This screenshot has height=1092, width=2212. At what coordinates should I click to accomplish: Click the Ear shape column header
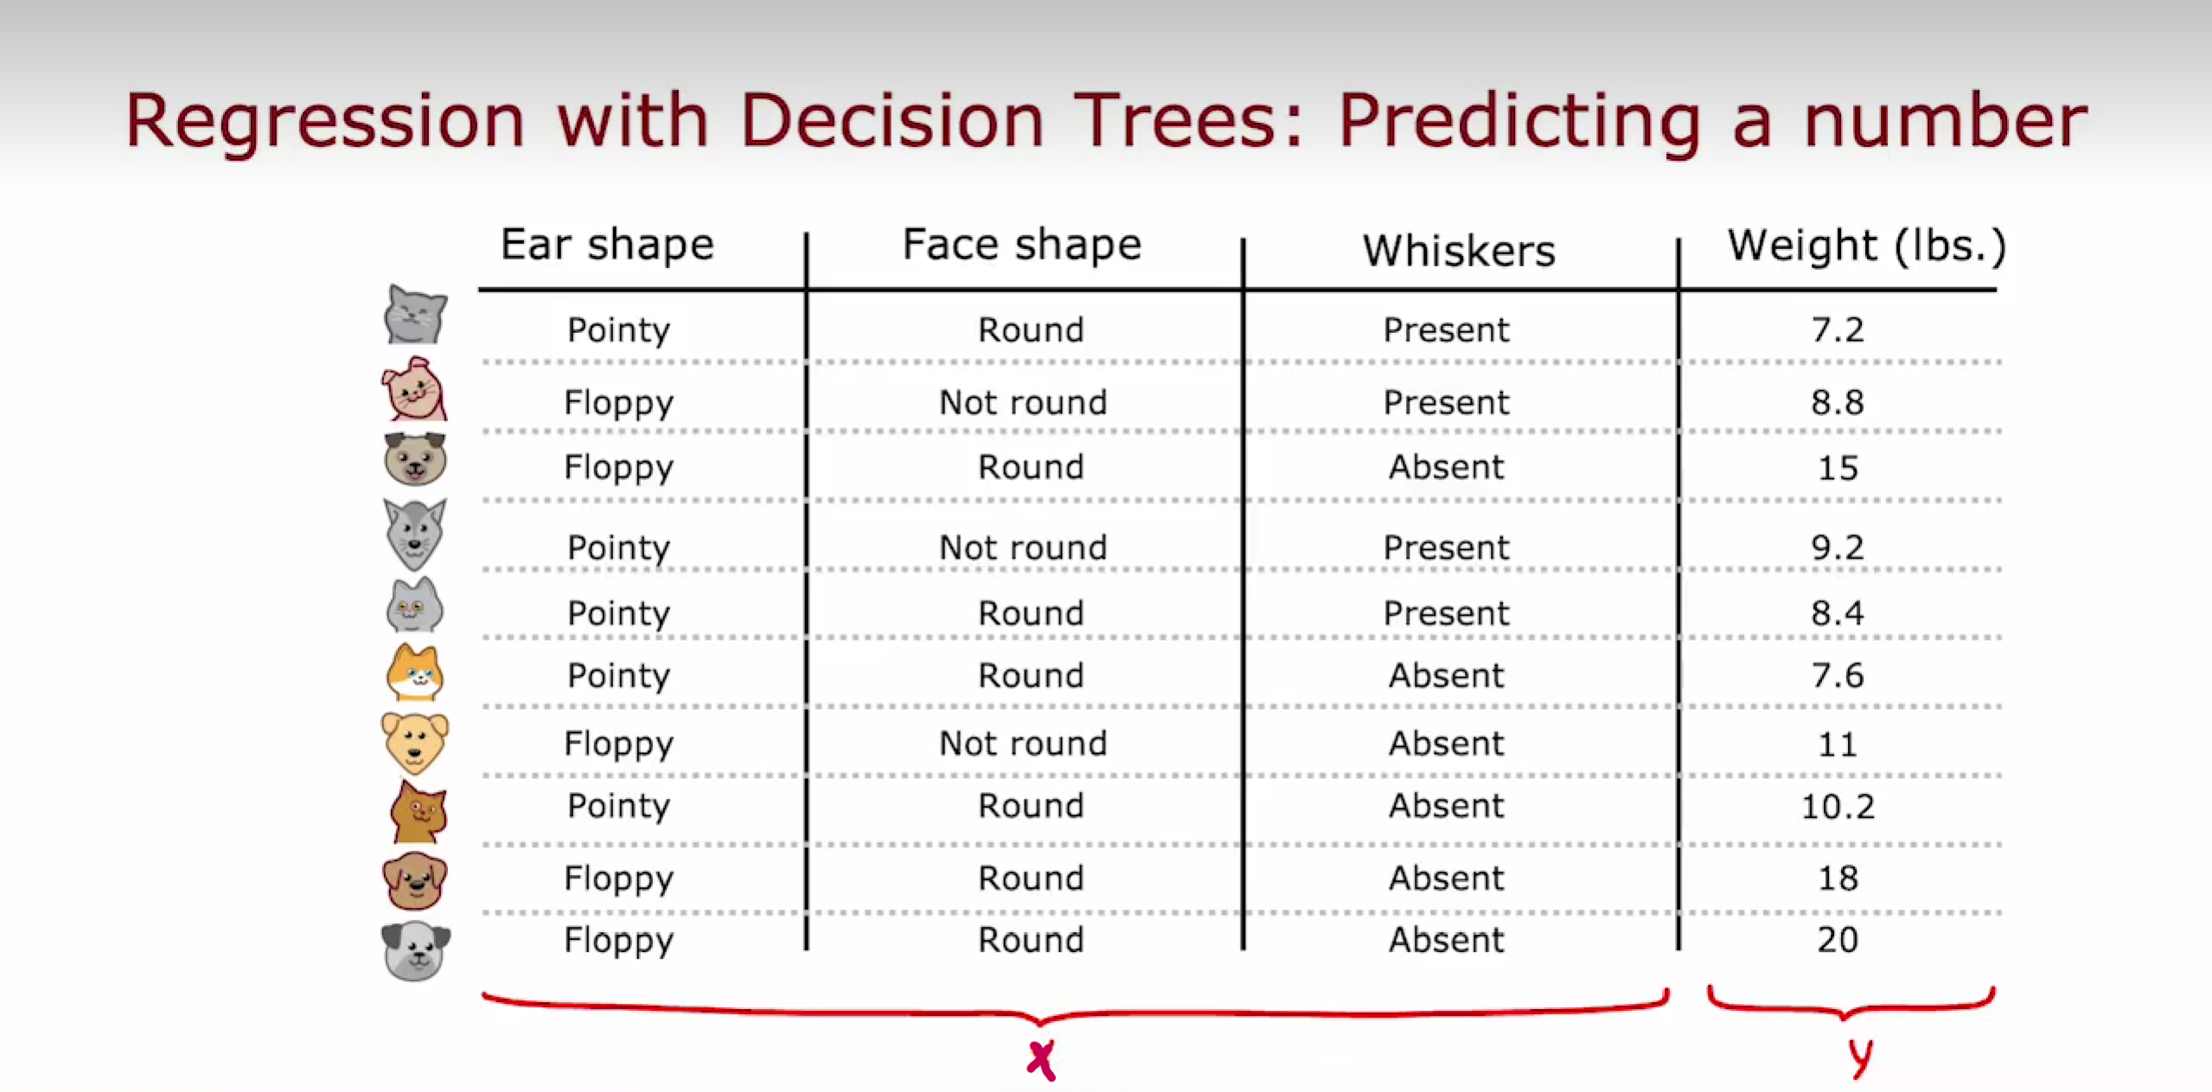click(607, 246)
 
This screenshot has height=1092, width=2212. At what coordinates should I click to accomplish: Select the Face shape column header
click(1022, 246)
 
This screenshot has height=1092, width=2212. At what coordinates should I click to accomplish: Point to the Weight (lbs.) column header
click(1866, 246)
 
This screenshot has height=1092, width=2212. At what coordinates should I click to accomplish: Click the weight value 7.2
click(1838, 329)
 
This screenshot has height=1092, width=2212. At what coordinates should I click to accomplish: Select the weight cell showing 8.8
click(1838, 402)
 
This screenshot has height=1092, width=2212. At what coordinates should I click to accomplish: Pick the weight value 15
click(1838, 468)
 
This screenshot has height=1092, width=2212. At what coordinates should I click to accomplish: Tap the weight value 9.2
click(1838, 547)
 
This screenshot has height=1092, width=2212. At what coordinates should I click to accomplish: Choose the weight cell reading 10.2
click(1838, 807)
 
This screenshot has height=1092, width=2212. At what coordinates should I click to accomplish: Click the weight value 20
click(1838, 940)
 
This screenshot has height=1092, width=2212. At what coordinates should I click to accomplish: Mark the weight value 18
click(1838, 878)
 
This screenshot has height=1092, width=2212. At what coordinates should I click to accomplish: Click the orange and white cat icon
click(415, 673)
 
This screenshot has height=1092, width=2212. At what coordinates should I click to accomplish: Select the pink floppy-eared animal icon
click(414, 389)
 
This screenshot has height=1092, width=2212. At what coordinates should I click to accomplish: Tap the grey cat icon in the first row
click(415, 315)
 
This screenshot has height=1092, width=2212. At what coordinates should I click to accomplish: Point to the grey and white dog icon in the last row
click(415, 951)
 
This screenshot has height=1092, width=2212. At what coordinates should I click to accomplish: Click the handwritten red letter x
click(1041, 1060)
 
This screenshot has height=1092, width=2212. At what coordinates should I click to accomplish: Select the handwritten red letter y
click(1862, 1057)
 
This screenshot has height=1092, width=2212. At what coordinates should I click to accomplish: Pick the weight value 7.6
click(1838, 675)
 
